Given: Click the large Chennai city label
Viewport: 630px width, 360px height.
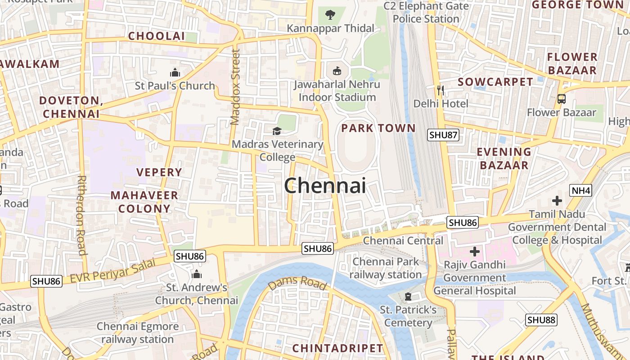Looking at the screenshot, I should pyautogui.click(x=325, y=185).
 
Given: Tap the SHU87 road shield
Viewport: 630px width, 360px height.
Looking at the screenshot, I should pyautogui.click(x=443, y=135).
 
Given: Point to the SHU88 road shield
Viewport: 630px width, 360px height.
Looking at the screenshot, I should pyautogui.click(x=541, y=320).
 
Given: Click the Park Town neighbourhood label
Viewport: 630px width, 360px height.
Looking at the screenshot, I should pyautogui.click(x=378, y=128).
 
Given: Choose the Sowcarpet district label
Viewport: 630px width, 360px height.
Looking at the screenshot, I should pyautogui.click(x=495, y=82).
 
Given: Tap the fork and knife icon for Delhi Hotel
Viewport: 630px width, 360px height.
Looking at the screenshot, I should pyautogui.click(x=441, y=90).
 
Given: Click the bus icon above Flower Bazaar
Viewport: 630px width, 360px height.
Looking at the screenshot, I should pyautogui.click(x=561, y=99).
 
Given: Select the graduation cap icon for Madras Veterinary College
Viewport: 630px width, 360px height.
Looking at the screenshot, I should pyautogui.click(x=277, y=131).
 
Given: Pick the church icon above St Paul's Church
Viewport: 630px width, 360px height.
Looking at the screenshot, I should pyautogui.click(x=175, y=72).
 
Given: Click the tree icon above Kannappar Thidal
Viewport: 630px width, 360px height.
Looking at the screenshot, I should pyautogui.click(x=330, y=15).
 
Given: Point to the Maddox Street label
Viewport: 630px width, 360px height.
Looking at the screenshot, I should pyautogui.click(x=235, y=87).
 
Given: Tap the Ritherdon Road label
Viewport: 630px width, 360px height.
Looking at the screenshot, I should pyautogui.click(x=81, y=215).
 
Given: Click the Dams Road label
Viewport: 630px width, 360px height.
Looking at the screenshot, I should pyautogui.click(x=297, y=283).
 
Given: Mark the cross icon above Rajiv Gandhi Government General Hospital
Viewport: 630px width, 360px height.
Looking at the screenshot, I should pyautogui.click(x=474, y=251).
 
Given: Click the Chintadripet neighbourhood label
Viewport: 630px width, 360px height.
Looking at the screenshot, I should pyautogui.click(x=337, y=348).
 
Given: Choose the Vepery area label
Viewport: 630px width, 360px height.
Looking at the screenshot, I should pyautogui.click(x=159, y=172).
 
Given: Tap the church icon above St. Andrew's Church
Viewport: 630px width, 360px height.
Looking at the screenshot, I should pyautogui.click(x=197, y=274).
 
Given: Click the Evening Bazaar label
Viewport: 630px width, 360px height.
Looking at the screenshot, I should pyautogui.click(x=504, y=158).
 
